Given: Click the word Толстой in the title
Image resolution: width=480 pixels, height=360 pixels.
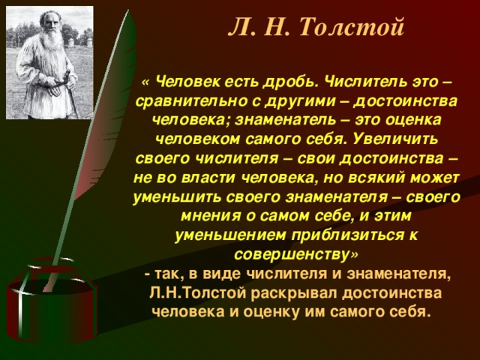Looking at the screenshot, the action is pos(352,27).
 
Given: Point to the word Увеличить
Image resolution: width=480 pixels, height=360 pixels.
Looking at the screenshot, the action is pos(395,139).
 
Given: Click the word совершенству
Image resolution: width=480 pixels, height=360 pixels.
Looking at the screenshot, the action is pos(292,255).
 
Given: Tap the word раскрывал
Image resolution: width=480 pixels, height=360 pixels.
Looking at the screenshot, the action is pos(294,293).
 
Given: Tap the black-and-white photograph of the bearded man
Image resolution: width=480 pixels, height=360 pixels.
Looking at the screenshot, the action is pos(49,62).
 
